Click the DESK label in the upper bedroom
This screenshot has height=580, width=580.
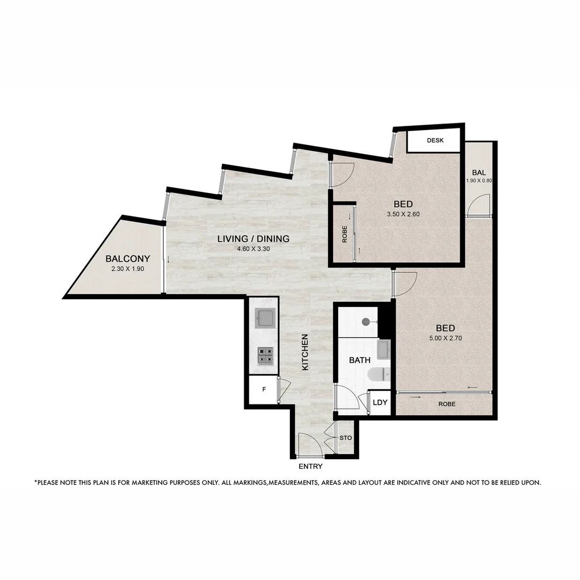point(434,141)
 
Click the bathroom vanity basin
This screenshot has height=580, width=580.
point(384,349)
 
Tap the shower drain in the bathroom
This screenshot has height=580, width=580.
point(366,322)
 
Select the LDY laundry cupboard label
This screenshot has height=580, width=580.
point(380,402)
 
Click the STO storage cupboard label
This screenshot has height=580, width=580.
point(346,438)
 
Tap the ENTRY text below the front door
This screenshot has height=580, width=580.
point(310,466)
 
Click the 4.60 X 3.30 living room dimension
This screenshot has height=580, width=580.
point(253,249)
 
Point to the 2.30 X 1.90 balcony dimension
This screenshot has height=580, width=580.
point(127,269)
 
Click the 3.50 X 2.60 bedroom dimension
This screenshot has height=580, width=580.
point(403,214)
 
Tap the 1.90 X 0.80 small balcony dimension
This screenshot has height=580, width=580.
point(479,181)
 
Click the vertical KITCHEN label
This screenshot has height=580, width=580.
point(305,352)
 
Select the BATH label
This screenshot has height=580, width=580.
point(360,360)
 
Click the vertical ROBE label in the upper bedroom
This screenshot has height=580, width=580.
point(344,235)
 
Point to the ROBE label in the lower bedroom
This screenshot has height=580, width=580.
point(447,404)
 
